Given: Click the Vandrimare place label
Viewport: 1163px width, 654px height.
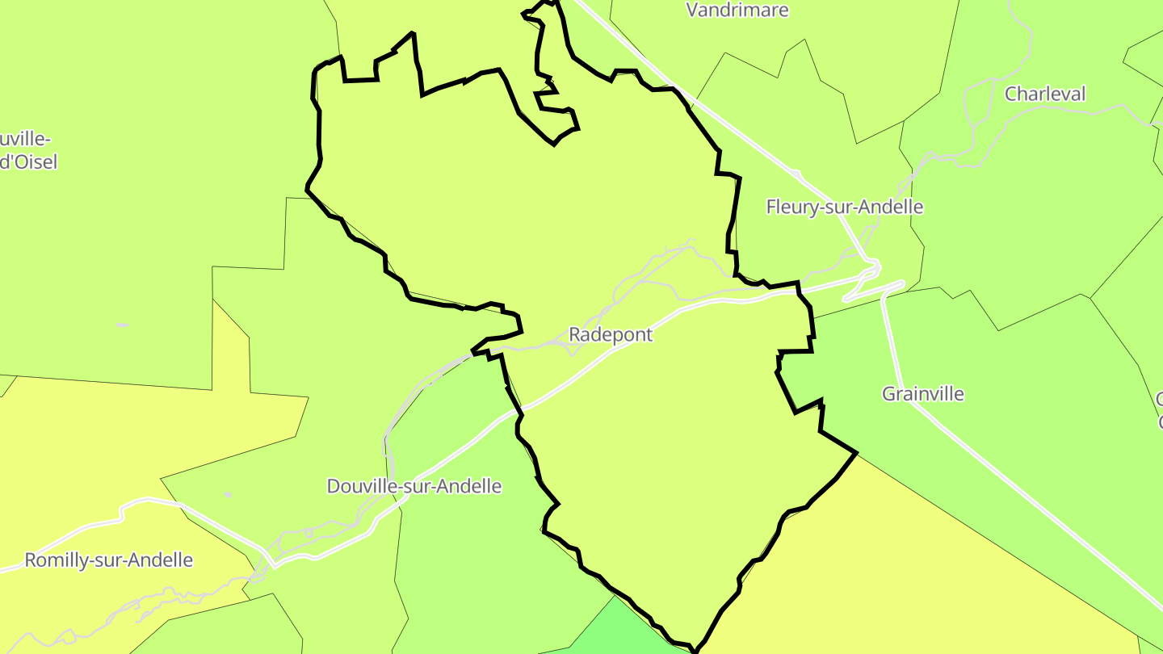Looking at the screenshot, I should [737, 10].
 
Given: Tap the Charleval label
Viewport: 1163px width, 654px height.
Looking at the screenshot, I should [1045, 94].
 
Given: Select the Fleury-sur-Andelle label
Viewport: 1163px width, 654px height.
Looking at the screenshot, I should [844, 207].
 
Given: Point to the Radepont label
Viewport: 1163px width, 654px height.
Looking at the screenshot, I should [611, 334].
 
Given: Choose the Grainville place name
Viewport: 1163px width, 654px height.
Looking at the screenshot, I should [923, 394].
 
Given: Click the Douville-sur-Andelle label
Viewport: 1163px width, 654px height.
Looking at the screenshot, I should [414, 486].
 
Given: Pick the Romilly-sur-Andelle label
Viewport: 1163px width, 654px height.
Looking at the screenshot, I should [109, 560].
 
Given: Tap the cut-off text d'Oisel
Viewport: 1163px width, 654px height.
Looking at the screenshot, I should [29, 161].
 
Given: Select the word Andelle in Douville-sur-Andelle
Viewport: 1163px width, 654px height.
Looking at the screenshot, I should [470, 486].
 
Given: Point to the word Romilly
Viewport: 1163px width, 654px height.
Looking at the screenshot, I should [54, 560].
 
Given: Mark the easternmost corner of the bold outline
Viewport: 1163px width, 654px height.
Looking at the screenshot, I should [855, 454].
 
